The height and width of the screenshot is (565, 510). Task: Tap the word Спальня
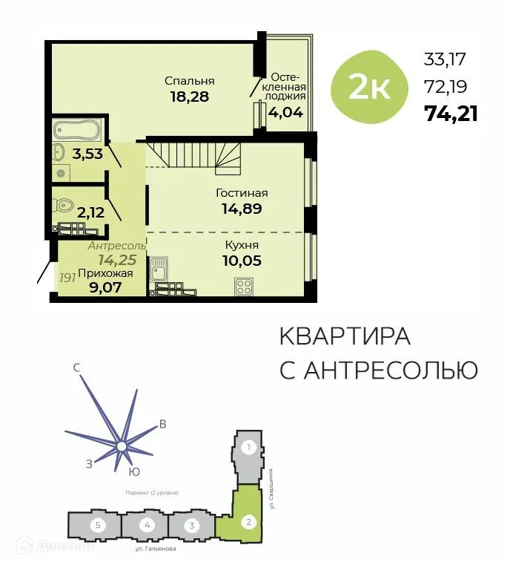(190, 80)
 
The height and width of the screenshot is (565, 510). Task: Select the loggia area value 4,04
(286, 114)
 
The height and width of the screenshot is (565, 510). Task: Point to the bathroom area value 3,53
(86, 154)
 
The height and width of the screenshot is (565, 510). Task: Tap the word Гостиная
(242, 193)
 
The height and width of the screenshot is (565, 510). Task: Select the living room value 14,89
(242, 209)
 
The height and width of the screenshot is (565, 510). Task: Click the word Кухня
(242, 244)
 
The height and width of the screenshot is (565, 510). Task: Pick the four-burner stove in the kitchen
(244, 286)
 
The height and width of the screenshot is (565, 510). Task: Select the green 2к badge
(369, 88)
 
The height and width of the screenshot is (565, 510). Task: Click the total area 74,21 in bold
(451, 113)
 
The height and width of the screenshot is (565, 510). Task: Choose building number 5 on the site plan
(96, 525)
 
